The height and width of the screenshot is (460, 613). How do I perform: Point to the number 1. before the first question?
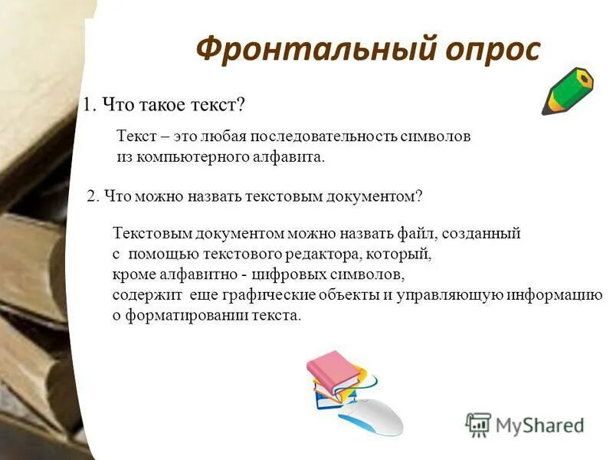click(x=90, y=104)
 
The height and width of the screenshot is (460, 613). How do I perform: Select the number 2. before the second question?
click(x=93, y=196)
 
